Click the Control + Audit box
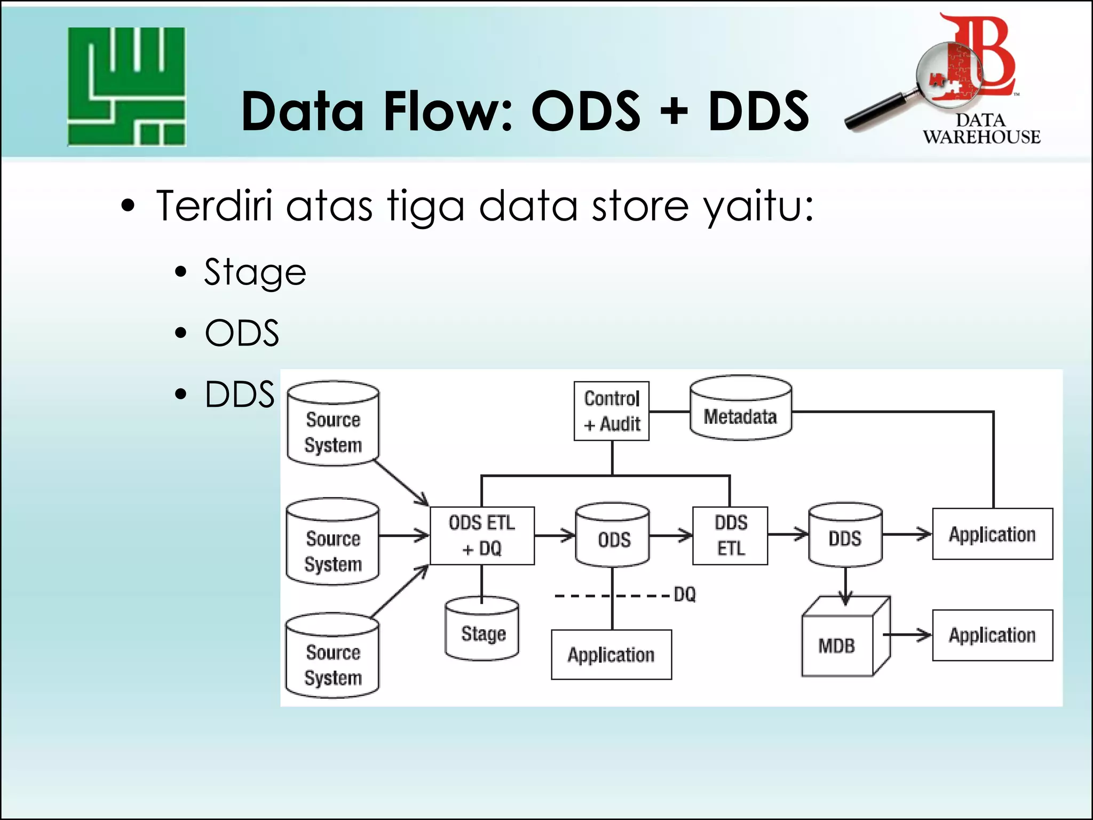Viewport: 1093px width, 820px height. (x=611, y=411)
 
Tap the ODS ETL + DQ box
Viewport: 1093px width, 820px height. (x=482, y=535)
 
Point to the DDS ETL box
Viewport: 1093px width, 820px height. (x=730, y=535)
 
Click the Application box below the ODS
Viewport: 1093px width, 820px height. (x=611, y=655)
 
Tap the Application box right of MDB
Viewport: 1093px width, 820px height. (x=992, y=635)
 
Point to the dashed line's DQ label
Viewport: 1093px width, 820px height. (x=685, y=595)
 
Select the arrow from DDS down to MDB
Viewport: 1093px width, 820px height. (x=845, y=587)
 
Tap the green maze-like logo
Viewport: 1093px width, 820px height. (x=126, y=86)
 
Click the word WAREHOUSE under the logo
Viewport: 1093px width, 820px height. (x=981, y=137)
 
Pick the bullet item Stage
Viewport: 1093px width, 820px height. (x=255, y=272)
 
